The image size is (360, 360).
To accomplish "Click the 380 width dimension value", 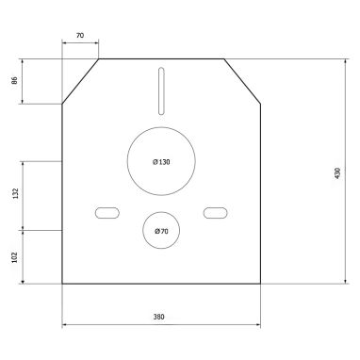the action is (158, 317).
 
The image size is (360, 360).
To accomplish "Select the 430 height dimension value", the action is (337, 173).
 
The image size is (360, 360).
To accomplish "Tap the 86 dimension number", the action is (14, 80).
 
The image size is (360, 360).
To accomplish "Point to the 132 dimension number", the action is (15, 193).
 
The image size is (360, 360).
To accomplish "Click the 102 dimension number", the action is (14, 257).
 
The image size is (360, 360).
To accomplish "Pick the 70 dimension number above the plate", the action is (80, 35).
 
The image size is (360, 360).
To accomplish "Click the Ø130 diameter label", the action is (161, 162).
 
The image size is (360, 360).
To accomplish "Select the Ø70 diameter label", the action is (161, 231).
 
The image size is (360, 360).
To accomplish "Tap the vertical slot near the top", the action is (161, 90).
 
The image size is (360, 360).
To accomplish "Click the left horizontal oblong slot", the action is (107, 213).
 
